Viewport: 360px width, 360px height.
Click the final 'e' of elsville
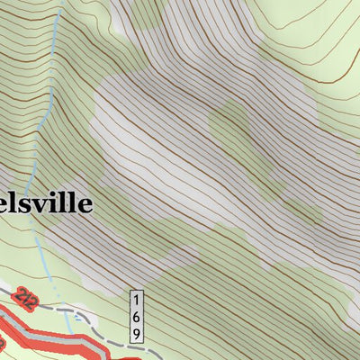[x=84, y=204]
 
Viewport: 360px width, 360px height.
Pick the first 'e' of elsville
[x=7, y=204]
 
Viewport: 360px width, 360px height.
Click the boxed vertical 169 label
[x=137, y=316]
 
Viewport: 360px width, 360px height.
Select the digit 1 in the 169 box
[x=137, y=300]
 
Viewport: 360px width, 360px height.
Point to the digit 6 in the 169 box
[x=137, y=316]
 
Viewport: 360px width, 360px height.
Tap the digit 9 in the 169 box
[x=137, y=332]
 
